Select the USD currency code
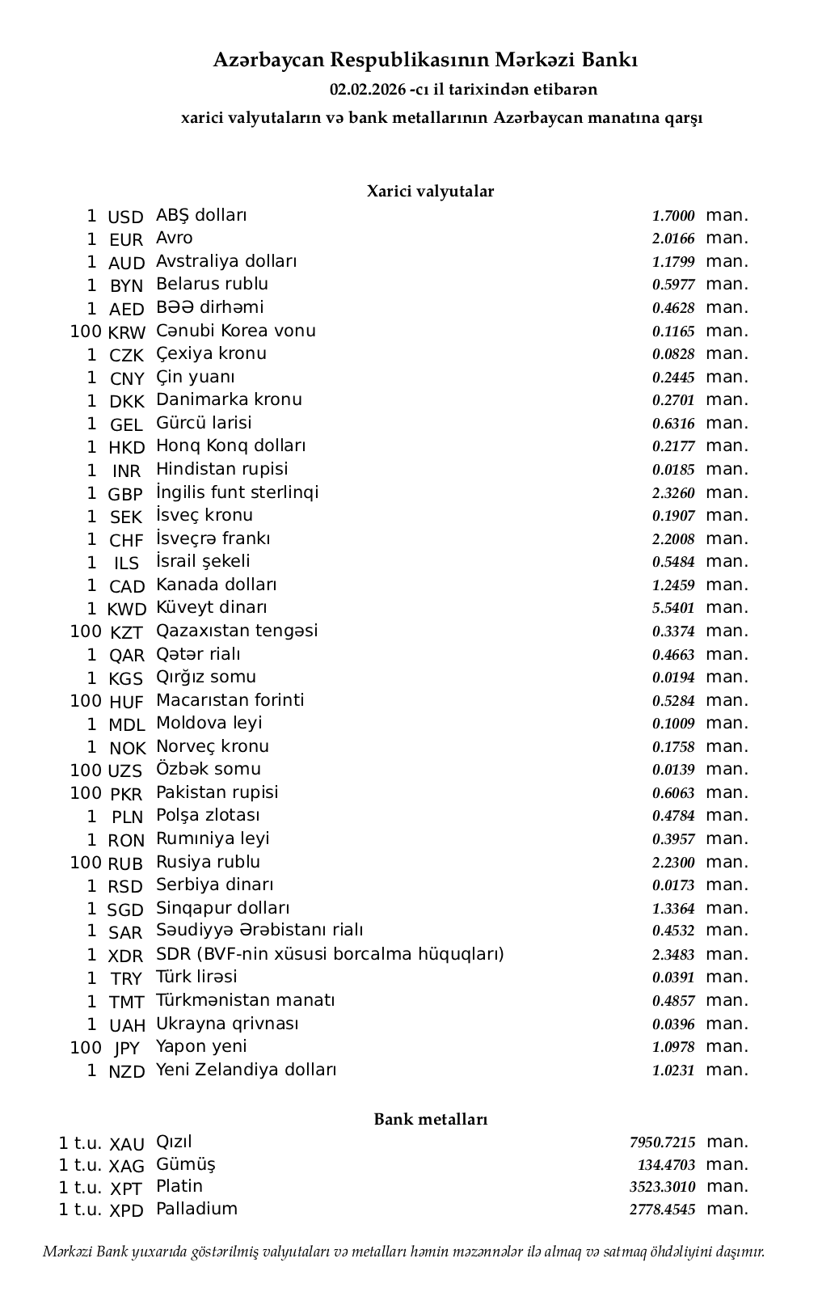click(125, 217)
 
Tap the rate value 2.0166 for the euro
click(673, 239)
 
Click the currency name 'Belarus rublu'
click(212, 285)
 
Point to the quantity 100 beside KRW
click(86, 331)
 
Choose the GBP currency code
click(125, 495)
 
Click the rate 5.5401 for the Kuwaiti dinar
click(673, 609)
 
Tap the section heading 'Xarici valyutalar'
click(430, 192)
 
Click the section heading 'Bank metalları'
click(430, 1120)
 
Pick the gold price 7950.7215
click(662, 1143)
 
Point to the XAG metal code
click(126, 1167)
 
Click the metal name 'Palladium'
click(196, 1210)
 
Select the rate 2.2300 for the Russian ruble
click(673, 863)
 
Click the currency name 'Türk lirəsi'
click(196, 977)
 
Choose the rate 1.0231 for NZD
click(673, 1071)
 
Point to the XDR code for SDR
click(125, 956)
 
